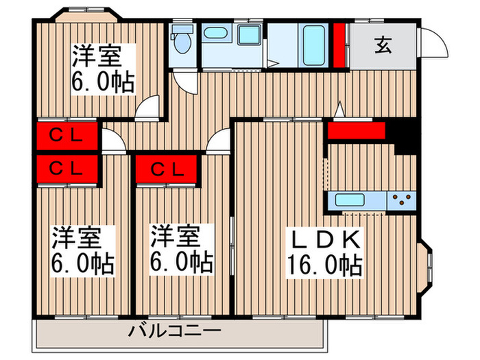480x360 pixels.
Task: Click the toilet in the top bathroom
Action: tap(182, 43)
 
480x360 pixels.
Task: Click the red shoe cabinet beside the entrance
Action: tap(339, 45)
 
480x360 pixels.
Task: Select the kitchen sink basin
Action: tap(350, 201)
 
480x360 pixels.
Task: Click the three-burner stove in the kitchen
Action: tap(401, 201)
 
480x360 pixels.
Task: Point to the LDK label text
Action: tap(322, 241)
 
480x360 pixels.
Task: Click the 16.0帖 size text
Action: tap(322, 265)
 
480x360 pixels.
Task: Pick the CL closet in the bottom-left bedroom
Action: tap(66, 167)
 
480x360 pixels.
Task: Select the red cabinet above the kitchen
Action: tap(355, 130)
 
